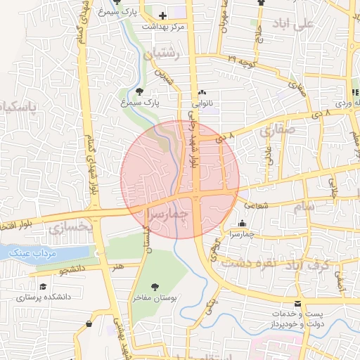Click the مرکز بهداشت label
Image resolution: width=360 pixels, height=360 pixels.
click(x=163, y=26)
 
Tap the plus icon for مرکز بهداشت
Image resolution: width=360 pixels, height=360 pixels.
click(x=163, y=15)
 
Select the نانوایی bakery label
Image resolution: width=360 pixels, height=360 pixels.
click(x=202, y=103)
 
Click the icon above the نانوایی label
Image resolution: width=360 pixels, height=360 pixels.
click(x=202, y=92)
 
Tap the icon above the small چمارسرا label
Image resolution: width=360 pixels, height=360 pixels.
click(x=242, y=223)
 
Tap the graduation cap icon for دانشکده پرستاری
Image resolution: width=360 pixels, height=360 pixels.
click(x=43, y=287)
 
